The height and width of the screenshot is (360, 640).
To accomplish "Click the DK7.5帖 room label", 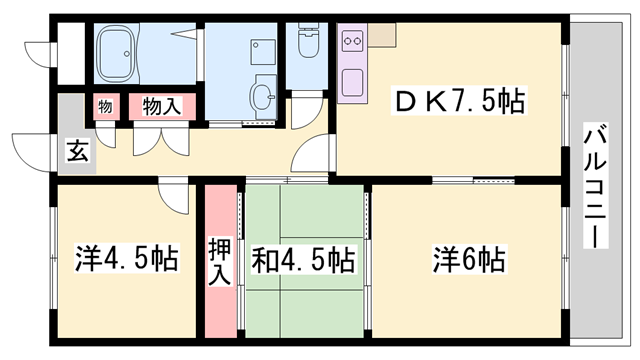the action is (459, 100).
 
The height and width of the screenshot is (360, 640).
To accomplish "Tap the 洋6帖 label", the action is (469, 259).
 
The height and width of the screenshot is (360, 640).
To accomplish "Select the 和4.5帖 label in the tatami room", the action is (303, 259).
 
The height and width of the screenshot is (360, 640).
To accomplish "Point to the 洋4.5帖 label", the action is (127, 258).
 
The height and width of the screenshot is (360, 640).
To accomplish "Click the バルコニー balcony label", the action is (596, 185).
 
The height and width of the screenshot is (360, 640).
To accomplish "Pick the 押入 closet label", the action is (220, 262).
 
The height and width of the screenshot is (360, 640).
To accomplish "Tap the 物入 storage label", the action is (162, 106).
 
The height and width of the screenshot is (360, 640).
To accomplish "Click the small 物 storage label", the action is (105, 107).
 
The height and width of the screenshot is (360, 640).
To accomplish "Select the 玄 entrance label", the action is (77, 151).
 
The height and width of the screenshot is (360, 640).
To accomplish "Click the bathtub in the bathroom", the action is (116, 53).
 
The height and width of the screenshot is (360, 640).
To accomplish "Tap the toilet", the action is (308, 40).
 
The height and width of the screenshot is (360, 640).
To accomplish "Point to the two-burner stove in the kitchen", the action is (352, 40).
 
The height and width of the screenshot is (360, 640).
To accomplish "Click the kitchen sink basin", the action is (352, 83).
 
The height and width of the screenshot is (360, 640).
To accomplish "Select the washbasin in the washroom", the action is (262, 96).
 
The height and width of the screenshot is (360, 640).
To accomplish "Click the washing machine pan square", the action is (263, 51).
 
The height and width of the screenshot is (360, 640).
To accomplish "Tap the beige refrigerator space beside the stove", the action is (382, 34).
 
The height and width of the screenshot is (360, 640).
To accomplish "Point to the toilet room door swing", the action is (307, 110).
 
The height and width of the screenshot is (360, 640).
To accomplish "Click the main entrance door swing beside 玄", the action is (33, 152).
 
